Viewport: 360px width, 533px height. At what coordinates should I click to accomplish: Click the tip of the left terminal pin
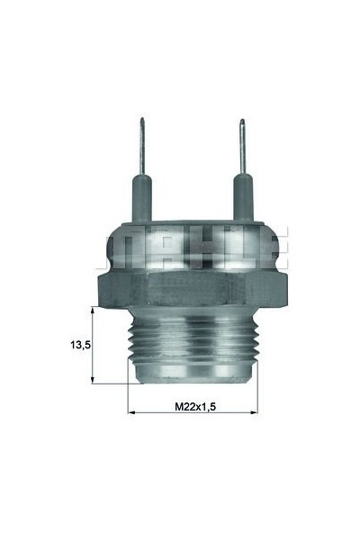(141, 122)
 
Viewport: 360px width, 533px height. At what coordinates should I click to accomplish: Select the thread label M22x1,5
(195, 406)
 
